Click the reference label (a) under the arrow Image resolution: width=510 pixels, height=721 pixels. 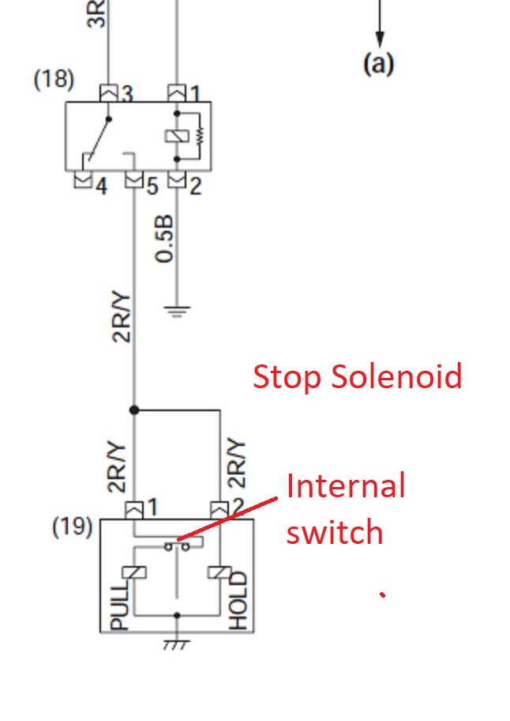pyautogui.click(x=378, y=63)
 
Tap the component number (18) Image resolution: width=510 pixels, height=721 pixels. pyautogui.click(x=54, y=80)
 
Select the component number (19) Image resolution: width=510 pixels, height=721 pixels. pyautogui.click(x=73, y=527)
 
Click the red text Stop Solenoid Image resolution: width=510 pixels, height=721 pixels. pyautogui.click(x=357, y=376)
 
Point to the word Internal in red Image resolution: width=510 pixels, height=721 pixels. pyautogui.click(x=346, y=485)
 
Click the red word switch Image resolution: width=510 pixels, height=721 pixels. pyautogui.click(x=334, y=532)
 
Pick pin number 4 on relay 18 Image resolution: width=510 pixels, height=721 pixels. pyautogui.click(x=100, y=188)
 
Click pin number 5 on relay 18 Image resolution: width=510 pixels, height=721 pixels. pyautogui.click(x=152, y=188)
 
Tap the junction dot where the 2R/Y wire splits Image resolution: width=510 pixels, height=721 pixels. pyautogui.click(x=134, y=410)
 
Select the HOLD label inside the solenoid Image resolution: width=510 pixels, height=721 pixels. pyautogui.click(x=238, y=602)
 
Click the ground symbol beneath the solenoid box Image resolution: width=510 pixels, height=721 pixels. pyautogui.click(x=176, y=645)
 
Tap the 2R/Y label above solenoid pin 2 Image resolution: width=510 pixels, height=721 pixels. pyautogui.click(x=236, y=464)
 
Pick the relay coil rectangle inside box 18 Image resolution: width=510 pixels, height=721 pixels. pyautogui.click(x=175, y=136)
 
